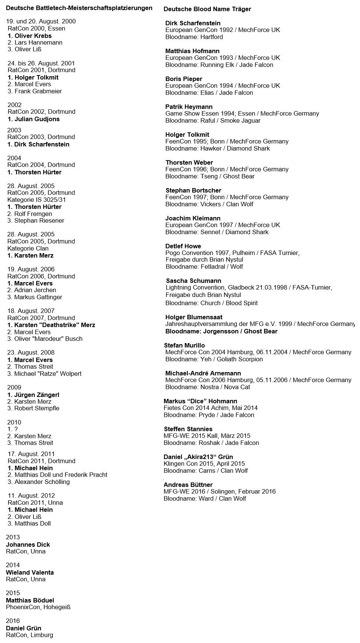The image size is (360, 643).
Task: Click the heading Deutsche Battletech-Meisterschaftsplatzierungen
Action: click(x=79, y=8)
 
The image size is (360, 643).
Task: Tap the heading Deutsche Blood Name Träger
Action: click(x=207, y=9)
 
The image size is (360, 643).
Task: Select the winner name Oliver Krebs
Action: click(x=30, y=36)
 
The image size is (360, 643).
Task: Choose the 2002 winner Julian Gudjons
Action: click(x=33, y=119)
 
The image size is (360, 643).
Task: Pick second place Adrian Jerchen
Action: click(x=32, y=290)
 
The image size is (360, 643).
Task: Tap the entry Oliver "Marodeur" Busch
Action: click(x=45, y=339)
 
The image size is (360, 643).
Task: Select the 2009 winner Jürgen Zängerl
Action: click(x=33, y=395)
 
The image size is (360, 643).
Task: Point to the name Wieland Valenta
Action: click(x=30, y=572)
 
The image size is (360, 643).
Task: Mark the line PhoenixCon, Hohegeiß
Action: click(x=38, y=607)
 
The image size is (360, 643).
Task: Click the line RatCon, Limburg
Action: click(x=29, y=635)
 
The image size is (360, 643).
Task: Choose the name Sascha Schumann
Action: click(x=193, y=281)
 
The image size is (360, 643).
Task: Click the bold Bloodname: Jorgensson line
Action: click(x=221, y=331)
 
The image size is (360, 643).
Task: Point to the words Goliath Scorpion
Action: click(x=238, y=359)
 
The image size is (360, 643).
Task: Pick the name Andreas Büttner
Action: click(x=188, y=485)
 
